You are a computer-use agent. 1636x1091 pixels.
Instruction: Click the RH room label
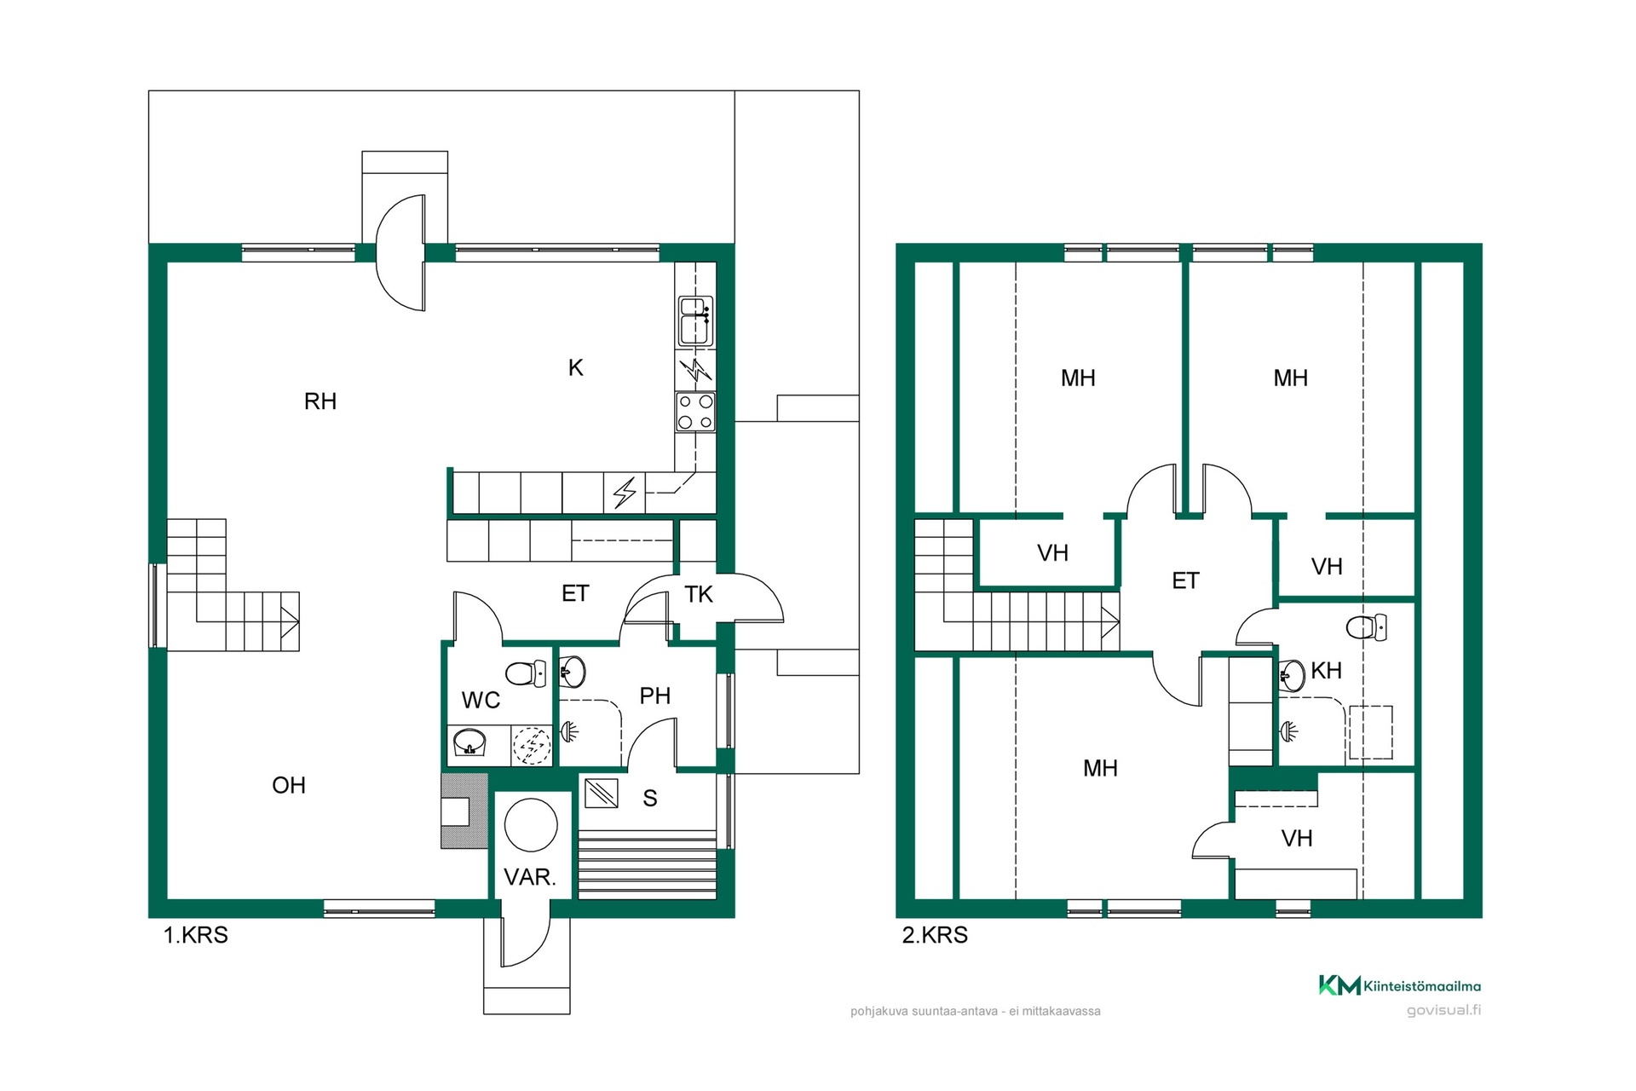point(320,401)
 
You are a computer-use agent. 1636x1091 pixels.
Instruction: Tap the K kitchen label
point(576,368)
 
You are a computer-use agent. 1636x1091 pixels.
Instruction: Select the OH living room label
point(289,786)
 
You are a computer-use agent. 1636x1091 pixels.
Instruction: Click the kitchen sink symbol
point(695,321)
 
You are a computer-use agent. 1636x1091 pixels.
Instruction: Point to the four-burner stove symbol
point(695,412)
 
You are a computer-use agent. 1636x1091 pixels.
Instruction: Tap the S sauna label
point(650,799)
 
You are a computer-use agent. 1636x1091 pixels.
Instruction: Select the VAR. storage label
point(530,877)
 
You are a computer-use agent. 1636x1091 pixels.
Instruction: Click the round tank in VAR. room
point(531,825)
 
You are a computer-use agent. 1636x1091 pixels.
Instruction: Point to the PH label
point(655,696)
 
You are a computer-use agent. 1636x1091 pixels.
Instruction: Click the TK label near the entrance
point(699,595)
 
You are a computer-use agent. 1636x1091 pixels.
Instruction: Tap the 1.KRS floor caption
point(196,935)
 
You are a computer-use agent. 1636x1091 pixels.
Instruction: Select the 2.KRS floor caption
point(935,935)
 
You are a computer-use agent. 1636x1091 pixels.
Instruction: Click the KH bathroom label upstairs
point(1327,671)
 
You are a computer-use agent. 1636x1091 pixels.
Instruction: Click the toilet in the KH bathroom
point(1367,627)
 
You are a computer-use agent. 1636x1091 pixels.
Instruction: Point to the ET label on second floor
point(1185,581)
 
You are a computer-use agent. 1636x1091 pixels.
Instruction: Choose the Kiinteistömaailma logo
point(1400,985)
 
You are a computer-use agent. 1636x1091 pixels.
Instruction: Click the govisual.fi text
point(1443,1011)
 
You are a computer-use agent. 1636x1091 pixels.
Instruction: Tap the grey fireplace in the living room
point(464,811)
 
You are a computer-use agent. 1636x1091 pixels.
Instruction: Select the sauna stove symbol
point(602,794)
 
